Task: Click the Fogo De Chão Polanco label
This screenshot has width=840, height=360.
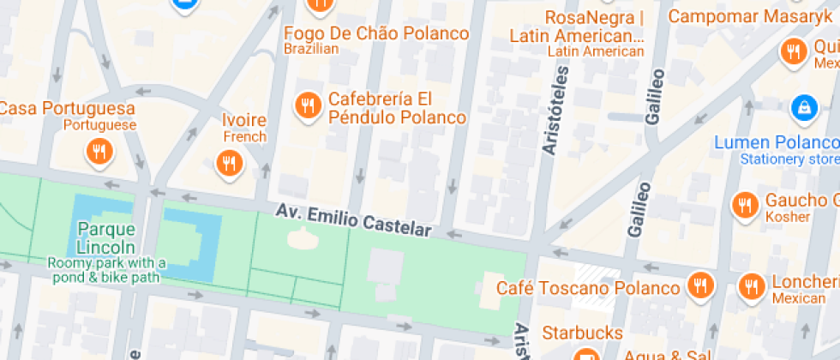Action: point(376,33)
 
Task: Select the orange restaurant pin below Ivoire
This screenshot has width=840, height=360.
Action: point(228,163)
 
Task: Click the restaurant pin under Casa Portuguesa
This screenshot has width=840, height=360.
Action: point(99,153)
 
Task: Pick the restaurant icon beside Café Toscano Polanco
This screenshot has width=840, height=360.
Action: point(701,288)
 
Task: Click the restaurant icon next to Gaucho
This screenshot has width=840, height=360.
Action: point(744,205)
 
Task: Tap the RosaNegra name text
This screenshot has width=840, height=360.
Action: point(593,18)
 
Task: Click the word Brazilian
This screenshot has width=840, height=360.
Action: point(311,50)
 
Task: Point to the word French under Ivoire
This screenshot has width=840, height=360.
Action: point(244,137)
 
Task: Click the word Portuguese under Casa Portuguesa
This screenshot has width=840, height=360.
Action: point(100,125)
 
